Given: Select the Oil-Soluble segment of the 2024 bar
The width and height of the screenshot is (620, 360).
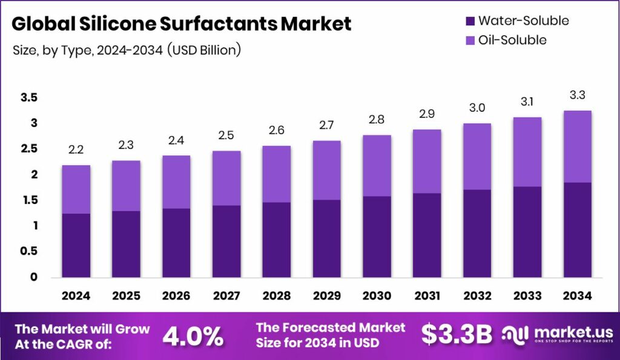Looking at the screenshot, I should coord(76,189).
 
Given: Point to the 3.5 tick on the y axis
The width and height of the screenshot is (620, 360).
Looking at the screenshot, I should coord(29,98).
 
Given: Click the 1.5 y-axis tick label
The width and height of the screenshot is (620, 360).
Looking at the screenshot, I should coord(29,200).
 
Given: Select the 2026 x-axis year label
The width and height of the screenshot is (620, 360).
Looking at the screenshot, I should coord(176,296).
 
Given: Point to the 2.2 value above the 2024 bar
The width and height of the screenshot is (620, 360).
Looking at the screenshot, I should coord(76,149).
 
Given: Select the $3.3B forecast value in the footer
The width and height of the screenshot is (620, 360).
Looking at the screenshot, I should coord(457,335).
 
